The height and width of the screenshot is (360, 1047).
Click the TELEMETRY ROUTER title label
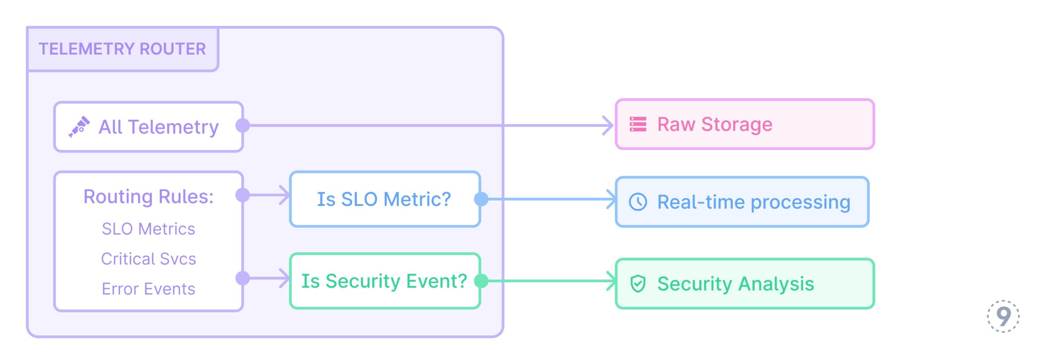coord(122,49)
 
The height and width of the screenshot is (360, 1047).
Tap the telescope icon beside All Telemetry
coord(79,127)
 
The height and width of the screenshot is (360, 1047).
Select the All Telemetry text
coord(159,127)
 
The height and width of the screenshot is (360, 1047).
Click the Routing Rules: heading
coord(148,197)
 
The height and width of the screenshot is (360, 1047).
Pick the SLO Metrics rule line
coord(148,229)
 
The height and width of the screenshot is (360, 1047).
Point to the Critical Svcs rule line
coord(148,259)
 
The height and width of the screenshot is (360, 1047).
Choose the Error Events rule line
coord(148,289)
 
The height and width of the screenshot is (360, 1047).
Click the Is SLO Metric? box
coord(384,199)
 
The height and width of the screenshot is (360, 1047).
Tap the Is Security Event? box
coord(384,281)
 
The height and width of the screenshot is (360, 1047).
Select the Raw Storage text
coord(715,124)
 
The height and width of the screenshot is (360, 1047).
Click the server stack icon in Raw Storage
coord(638,124)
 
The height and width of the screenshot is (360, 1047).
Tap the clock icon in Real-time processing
coord(638,202)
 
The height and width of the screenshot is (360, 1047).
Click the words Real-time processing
coord(754,202)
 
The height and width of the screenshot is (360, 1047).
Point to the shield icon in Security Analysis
coord(638,283)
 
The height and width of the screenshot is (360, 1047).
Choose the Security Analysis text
coord(736,284)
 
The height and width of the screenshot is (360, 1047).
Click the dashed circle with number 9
coord(1003,316)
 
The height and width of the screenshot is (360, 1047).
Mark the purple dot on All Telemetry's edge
coord(243,126)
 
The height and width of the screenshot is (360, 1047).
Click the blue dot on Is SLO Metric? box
coord(481,199)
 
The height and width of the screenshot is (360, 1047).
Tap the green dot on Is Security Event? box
coord(481,281)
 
